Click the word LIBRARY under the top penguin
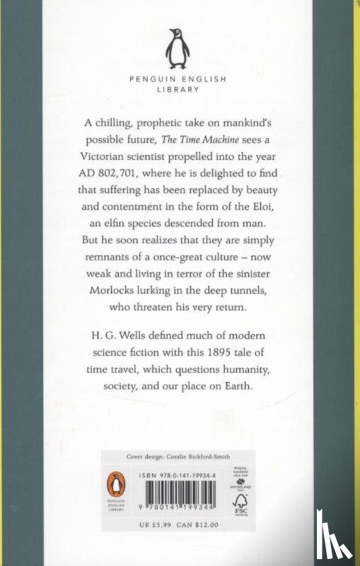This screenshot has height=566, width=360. coord(180,91)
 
